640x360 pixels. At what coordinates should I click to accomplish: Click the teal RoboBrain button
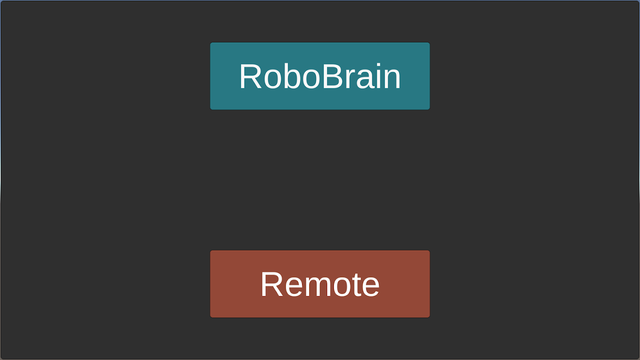(x=320, y=76)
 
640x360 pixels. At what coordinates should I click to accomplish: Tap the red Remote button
(x=320, y=284)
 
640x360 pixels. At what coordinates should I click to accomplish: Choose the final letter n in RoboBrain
(x=392, y=79)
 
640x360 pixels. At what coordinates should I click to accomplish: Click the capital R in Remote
(x=272, y=284)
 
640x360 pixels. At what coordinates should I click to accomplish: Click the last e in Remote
(x=370, y=287)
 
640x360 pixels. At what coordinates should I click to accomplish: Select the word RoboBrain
(x=320, y=76)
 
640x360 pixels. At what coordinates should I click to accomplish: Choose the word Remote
(x=320, y=284)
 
